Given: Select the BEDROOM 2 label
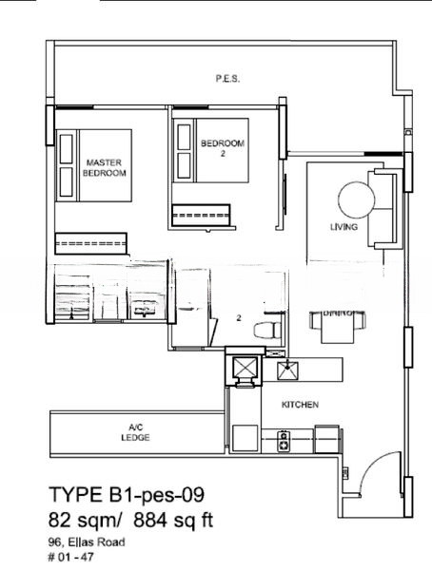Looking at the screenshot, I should pos(223,148).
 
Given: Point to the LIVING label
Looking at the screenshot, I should pos(343,228).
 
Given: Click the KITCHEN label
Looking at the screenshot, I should pos(300,405).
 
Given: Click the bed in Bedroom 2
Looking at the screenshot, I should pos(211,150).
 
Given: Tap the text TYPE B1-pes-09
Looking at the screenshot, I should pos(126,495).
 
